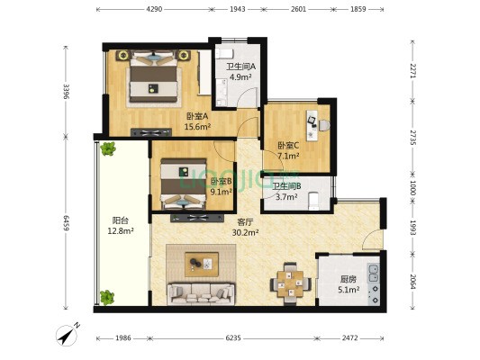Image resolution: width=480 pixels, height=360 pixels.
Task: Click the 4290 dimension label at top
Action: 154,9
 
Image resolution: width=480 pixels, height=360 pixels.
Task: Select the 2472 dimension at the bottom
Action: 350,338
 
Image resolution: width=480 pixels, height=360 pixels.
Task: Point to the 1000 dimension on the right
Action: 412,188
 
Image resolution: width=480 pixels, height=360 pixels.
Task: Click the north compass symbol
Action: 68,335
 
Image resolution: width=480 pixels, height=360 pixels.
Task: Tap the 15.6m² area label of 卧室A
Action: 198,126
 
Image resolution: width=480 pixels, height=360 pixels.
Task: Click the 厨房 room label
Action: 349,279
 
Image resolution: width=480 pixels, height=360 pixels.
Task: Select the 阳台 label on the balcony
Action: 120,220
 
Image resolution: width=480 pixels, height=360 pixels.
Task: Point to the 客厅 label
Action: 245,222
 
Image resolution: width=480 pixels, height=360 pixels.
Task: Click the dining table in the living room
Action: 291,283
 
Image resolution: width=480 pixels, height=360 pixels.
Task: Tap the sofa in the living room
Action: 201,294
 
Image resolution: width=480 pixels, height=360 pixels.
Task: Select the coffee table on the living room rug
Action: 202,265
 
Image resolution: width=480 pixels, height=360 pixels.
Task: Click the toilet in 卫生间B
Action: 313,201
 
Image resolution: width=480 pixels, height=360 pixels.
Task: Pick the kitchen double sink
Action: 374,274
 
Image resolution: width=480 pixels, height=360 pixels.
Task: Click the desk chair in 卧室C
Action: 324,125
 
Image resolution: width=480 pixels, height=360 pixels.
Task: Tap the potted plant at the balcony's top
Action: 108,149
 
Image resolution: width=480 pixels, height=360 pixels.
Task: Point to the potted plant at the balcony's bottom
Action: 107,298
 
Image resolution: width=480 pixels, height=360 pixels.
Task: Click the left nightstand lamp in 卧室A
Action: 123,56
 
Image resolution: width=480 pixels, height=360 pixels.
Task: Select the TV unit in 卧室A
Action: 151,132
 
